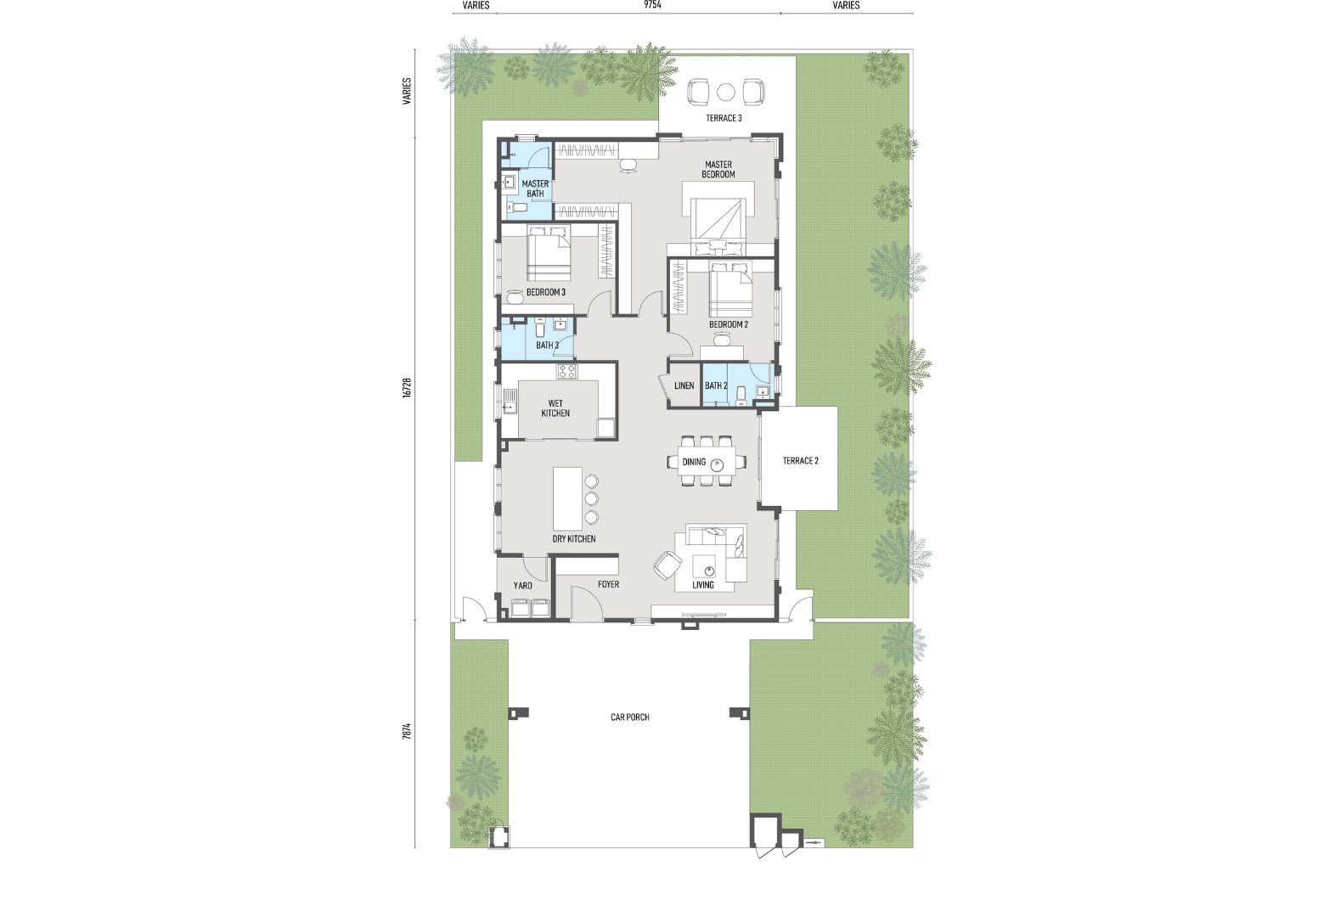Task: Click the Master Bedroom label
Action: [x=718, y=169]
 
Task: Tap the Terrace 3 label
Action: [x=724, y=118]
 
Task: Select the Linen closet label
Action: [x=684, y=385]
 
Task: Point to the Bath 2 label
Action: [x=716, y=385]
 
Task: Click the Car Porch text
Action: [x=630, y=717]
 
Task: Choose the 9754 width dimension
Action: [x=652, y=5]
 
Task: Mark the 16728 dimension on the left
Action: [x=408, y=388]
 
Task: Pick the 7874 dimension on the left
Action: [x=408, y=731]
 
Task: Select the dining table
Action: [x=707, y=461]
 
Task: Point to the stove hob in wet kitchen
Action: [x=566, y=372]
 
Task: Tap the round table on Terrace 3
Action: [x=726, y=93]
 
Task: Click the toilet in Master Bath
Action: [x=516, y=208]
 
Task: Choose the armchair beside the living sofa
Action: [x=667, y=564]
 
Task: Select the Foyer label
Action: [x=609, y=584]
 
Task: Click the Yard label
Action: [x=522, y=585]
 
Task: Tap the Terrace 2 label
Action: [x=800, y=461]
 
